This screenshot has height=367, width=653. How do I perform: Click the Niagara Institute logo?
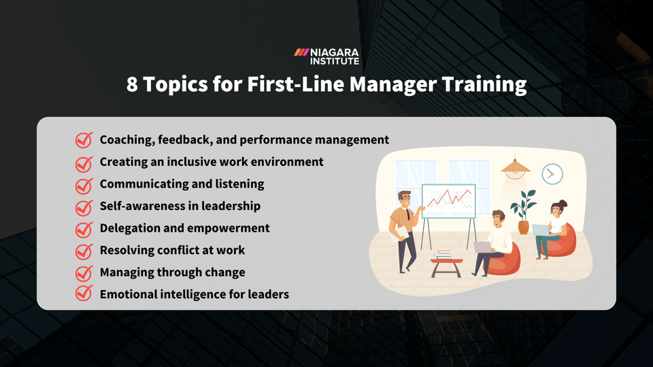click(x=326, y=56)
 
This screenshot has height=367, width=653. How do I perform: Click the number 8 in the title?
click(x=133, y=84)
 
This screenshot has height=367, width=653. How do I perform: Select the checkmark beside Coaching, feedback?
click(x=84, y=140)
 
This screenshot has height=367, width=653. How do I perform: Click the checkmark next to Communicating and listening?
click(x=84, y=185)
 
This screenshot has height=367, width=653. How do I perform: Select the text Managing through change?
click(x=172, y=272)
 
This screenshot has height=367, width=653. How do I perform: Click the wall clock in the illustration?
click(x=552, y=174)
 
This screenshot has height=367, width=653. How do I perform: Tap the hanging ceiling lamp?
click(x=516, y=167)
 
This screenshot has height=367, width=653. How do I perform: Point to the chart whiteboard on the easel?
click(x=448, y=201)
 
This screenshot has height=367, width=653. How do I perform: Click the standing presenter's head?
click(x=405, y=200)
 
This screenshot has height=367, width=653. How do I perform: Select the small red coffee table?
click(x=446, y=263)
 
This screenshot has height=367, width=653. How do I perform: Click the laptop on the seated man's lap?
click(x=483, y=247)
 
